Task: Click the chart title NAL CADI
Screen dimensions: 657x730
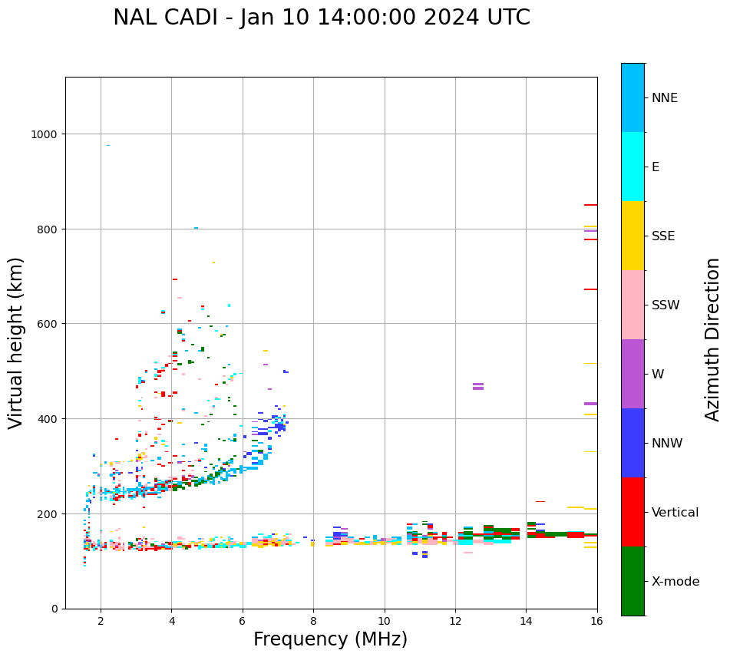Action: [x=321, y=18]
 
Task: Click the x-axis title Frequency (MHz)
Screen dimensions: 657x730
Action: [x=330, y=639]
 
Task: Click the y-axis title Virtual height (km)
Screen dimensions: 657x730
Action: [x=16, y=342]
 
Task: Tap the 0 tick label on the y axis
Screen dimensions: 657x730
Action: [x=55, y=609]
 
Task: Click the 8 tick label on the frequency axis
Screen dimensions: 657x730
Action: [x=313, y=622]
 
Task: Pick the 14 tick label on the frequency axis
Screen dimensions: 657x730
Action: [x=526, y=622]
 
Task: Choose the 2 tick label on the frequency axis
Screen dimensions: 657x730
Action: [x=101, y=622]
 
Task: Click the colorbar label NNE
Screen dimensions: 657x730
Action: [x=665, y=97]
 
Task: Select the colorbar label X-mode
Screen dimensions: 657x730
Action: [x=675, y=581]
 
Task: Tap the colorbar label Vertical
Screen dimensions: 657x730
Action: [x=675, y=512]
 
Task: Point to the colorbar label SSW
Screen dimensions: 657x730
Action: [x=666, y=305]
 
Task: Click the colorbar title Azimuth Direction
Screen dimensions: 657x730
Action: [x=713, y=339]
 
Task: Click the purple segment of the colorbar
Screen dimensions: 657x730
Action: [x=633, y=374]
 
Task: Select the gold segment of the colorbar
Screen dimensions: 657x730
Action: [x=633, y=236]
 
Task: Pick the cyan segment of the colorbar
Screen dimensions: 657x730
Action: [x=633, y=167]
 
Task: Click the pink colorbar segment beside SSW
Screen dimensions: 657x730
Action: [x=633, y=305]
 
